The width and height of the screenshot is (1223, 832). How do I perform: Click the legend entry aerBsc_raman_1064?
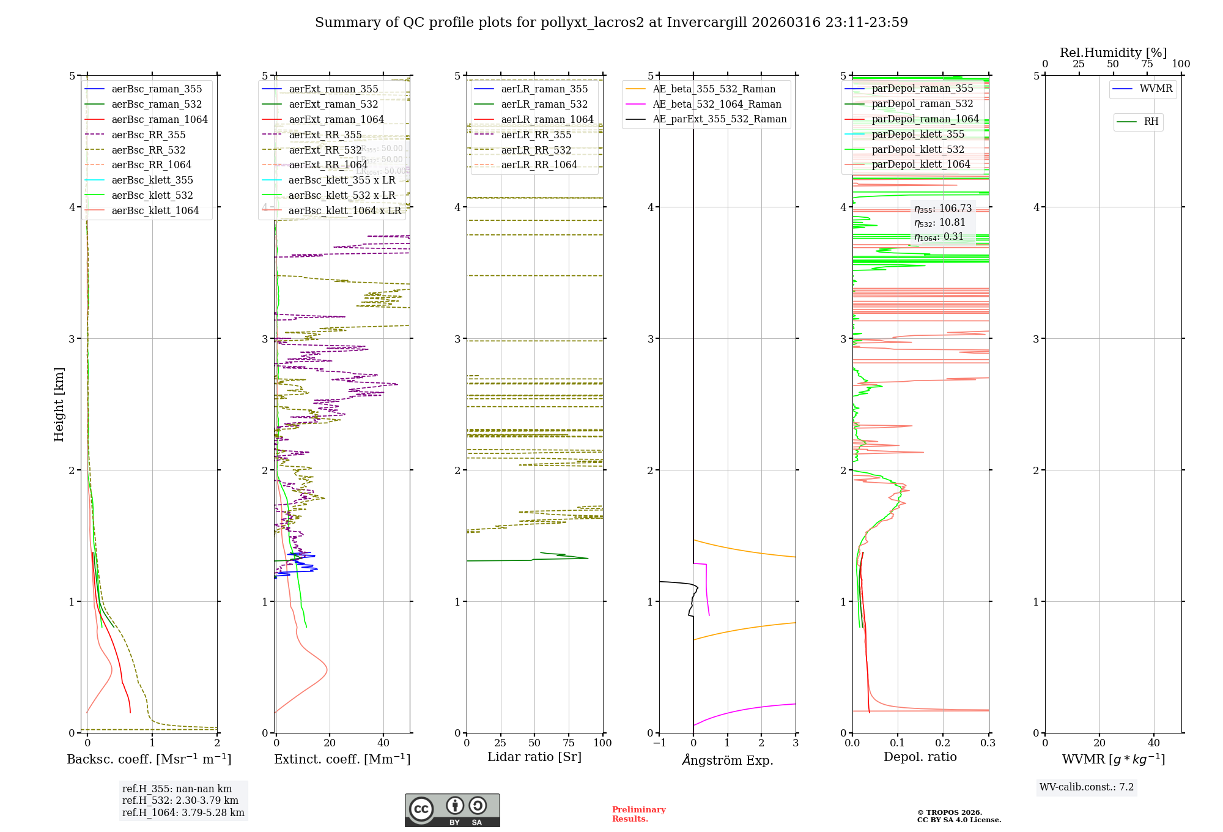[x=159, y=119]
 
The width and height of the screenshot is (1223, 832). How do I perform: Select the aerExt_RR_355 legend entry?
[x=325, y=135]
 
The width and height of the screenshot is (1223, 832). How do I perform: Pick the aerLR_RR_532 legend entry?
[x=536, y=150]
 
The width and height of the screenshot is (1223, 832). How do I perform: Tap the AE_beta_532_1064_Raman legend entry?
[x=717, y=104]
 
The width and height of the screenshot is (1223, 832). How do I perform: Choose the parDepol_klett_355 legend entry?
[x=917, y=134]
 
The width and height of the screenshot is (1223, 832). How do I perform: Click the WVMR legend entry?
[x=1156, y=89]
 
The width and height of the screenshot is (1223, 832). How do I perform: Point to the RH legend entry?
[x=1151, y=122]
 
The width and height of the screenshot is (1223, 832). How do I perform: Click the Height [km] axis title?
[x=59, y=404]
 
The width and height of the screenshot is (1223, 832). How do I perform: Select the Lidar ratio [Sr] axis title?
[x=534, y=757]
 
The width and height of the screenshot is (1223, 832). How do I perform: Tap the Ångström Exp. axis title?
[x=727, y=760]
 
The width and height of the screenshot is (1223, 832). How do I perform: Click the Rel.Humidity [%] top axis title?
[x=1113, y=53]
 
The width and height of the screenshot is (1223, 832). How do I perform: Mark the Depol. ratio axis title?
[x=920, y=757]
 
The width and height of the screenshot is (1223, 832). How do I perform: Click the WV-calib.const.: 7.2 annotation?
[x=1086, y=787]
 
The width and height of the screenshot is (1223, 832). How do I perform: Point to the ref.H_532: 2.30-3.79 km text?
[x=180, y=800]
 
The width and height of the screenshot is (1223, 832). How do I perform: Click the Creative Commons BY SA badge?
[x=452, y=810]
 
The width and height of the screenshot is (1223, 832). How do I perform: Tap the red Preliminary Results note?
[x=638, y=814]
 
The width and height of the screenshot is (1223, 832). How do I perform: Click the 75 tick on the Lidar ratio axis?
[x=569, y=743]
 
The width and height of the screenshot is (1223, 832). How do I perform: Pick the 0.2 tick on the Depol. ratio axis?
[x=943, y=743]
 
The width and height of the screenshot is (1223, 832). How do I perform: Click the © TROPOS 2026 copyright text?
[x=949, y=812]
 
